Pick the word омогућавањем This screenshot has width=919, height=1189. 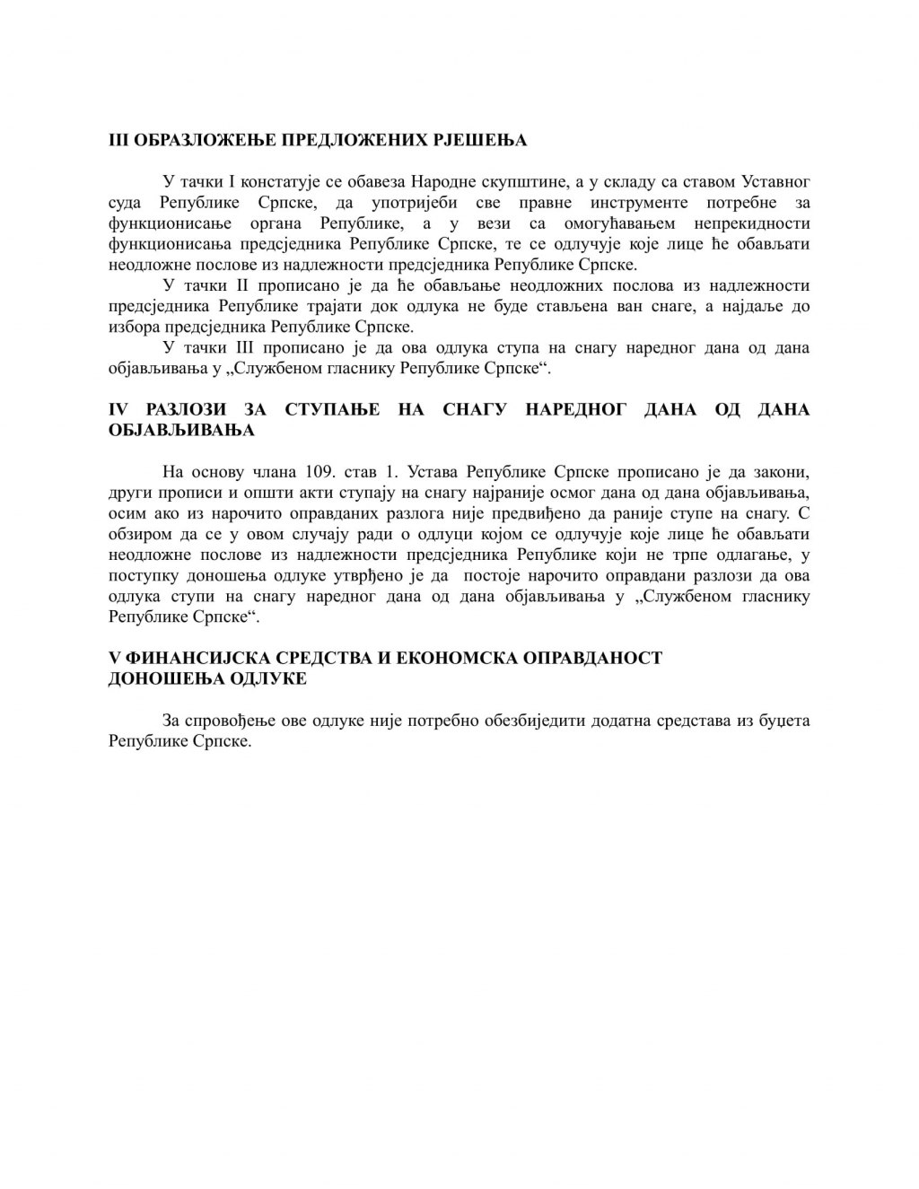pos(621,223)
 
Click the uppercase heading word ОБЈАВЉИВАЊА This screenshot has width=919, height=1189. pos(181,431)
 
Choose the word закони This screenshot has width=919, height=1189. pos(783,472)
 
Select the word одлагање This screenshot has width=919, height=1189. pos(748,555)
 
